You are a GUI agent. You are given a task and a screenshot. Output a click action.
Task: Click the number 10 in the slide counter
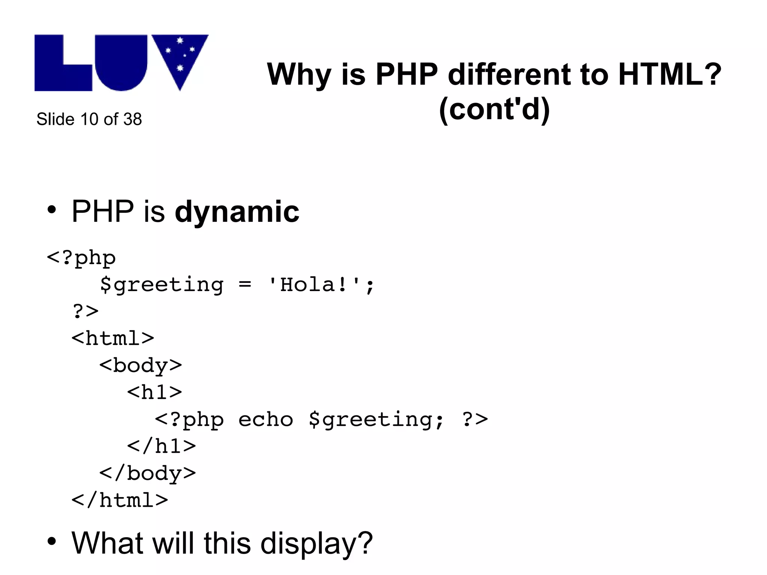pos(89,119)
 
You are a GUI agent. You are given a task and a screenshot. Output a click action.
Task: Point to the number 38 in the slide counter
pos(133,119)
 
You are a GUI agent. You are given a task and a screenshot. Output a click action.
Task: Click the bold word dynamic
pos(237,212)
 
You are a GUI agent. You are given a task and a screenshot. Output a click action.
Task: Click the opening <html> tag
pos(113,338)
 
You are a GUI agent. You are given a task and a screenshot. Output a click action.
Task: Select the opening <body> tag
pos(140,366)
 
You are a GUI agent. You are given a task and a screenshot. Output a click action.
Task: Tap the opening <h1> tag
pos(154,392)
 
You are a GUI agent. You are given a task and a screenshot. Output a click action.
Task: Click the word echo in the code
pos(266,419)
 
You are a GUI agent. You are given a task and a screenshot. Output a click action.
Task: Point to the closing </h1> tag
pos(161,446)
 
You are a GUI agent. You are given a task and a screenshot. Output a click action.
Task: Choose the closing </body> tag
pos(147,473)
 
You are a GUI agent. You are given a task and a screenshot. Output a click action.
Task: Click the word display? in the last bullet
pos(316,544)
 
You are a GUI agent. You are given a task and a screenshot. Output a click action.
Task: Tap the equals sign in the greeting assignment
pos(245,285)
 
